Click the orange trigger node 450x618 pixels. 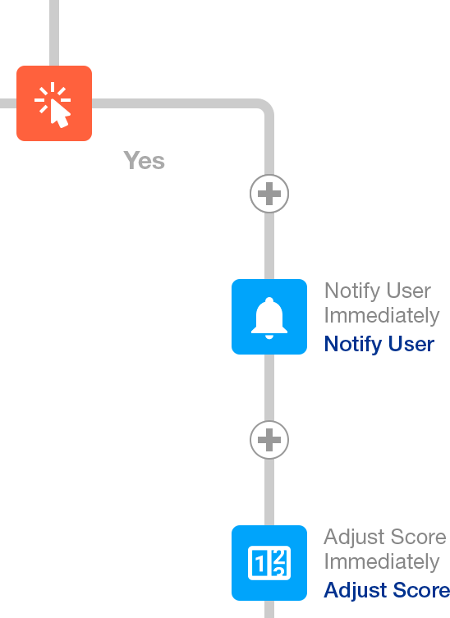[x=54, y=103]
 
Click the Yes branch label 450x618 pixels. [x=144, y=160]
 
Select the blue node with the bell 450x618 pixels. [x=269, y=317]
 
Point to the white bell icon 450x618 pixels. [x=269, y=318]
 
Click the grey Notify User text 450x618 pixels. [x=378, y=291]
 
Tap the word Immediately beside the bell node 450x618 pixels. [x=381, y=315]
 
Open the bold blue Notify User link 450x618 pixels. [x=379, y=344]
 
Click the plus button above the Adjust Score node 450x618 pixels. [x=269, y=440]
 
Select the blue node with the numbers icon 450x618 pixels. [x=269, y=563]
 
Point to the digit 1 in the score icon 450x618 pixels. [x=259, y=564]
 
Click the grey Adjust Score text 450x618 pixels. [x=385, y=537]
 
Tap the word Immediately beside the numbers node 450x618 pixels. [x=381, y=561]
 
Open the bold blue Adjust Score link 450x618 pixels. [x=387, y=590]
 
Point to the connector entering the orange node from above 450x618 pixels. [x=54, y=33]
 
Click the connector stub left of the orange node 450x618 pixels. [x=8, y=103]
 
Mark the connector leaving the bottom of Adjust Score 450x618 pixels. [x=269, y=609]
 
